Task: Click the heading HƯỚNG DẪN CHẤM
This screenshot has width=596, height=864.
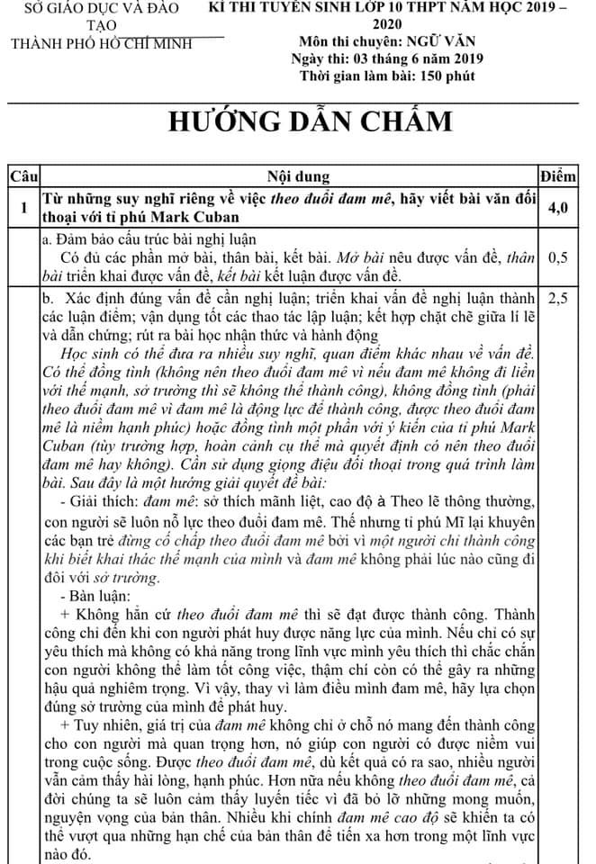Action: (x=297, y=122)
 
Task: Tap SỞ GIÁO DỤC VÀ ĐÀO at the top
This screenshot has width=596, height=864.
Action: (x=102, y=8)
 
